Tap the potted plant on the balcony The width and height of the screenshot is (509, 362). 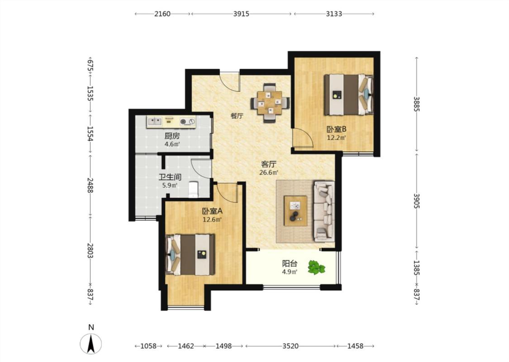316,267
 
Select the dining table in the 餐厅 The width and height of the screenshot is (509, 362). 270,103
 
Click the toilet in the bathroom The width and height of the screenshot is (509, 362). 194,189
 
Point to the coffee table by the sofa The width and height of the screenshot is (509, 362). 295,211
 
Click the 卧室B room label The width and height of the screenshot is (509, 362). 336,129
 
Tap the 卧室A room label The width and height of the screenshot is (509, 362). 212,211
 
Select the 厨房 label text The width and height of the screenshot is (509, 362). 172,136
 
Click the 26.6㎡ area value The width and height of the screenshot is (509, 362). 269,173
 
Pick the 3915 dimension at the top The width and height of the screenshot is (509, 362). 241,14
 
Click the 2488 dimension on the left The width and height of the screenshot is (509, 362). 90,186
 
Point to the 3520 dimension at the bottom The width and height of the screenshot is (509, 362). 290,346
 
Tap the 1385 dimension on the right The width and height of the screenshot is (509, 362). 417,268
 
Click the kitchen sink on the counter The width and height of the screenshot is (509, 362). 155,122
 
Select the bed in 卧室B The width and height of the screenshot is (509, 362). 349,95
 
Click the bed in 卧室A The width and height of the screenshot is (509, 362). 190,255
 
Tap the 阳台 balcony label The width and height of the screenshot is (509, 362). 290,263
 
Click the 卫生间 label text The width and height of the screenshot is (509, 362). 170,177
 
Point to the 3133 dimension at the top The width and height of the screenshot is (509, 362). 334,14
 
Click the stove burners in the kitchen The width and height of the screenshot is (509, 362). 188,122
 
